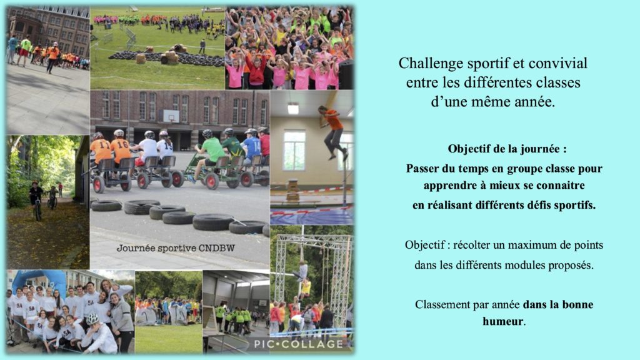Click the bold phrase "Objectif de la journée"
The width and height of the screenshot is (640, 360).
click(504, 149)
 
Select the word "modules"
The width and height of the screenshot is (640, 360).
click(526, 265)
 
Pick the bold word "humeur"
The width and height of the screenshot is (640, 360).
click(502, 322)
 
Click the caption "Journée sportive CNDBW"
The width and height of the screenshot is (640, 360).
click(176, 248)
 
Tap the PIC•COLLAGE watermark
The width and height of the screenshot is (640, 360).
click(298, 344)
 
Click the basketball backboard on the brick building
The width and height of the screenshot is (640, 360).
click(171, 116)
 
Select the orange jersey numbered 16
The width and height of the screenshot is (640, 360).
click(121, 150)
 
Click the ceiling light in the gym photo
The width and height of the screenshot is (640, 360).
click(292, 109)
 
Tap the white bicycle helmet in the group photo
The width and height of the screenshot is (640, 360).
click(92, 319)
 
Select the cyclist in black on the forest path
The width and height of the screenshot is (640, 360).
click(36, 200)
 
